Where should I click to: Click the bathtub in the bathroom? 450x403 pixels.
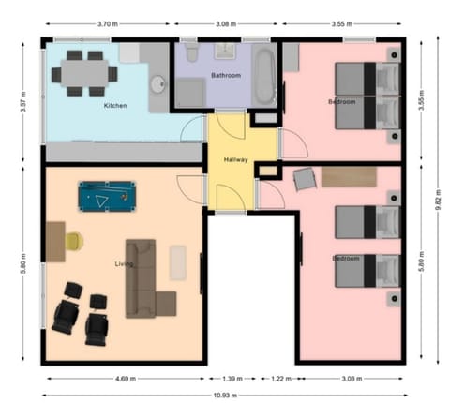click(x=266, y=75)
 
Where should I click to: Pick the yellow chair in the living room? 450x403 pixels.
click(x=74, y=242)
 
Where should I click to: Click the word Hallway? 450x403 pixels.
click(x=235, y=160)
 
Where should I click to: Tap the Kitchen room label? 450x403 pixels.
click(x=115, y=106)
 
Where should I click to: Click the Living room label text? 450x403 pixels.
click(x=124, y=264)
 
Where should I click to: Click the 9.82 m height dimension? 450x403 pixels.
click(x=437, y=200)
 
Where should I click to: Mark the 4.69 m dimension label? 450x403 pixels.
click(x=124, y=379)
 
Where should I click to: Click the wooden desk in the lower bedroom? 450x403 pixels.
click(x=349, y=175)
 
